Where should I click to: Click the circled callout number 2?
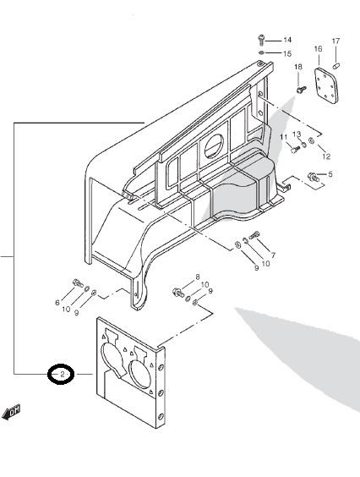tap(62, 374)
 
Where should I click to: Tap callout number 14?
tap(287, 40)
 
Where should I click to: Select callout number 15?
tap(287, 53)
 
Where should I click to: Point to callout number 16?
tap(318, 49)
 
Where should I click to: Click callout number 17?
tap(335, 41)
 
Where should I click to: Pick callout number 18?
tap(298, 67)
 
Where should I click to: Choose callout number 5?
tap(330, 174)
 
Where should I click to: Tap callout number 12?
tap(326, 156)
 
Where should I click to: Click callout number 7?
tap(273, 255)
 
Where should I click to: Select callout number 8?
tap(198, 277)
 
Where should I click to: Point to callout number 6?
tap(57, 303)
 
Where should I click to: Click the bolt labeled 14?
tap(261, 40)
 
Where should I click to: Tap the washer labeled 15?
tap(261, 53)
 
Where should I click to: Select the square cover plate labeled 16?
tap(326, 85)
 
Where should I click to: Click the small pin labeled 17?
tap(336, 65)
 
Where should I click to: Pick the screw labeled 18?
tap(302, 90)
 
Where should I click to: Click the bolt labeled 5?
tap(314, 177)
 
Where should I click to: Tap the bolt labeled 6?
tap(78, 283)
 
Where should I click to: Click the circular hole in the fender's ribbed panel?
tap(214, 145)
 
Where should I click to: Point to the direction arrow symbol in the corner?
tap(11, 412)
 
